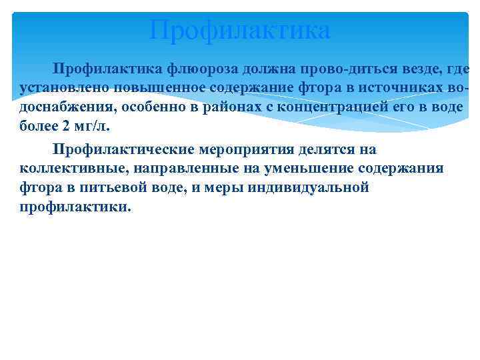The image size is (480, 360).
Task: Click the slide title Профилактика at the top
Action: [x=240, y=30]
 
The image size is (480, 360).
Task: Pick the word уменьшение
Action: [x=281, y=169]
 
